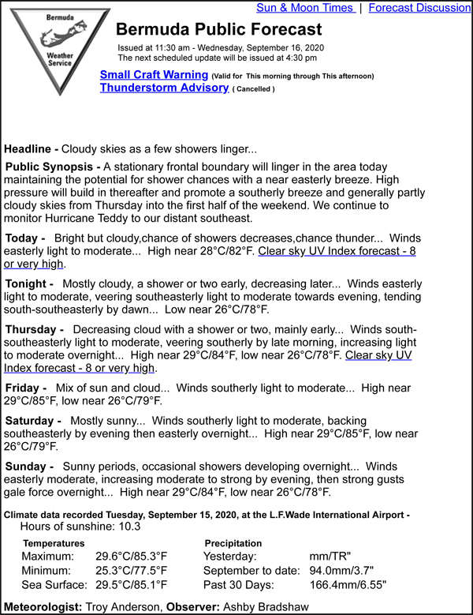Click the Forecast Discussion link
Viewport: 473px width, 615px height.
tap(419, 8)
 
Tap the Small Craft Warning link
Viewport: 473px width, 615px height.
tap(154, 75)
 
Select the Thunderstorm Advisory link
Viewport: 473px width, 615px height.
tap(164, 88)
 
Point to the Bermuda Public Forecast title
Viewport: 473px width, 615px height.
tap(218, 30)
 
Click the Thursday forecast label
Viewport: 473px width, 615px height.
tap(34, 328)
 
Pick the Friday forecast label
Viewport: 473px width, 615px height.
tap(26, 388)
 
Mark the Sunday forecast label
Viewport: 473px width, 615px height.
tap(30, 467)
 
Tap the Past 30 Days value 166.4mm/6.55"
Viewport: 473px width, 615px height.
tap(348, 585)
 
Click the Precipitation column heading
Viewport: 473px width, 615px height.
tap(233, 543)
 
